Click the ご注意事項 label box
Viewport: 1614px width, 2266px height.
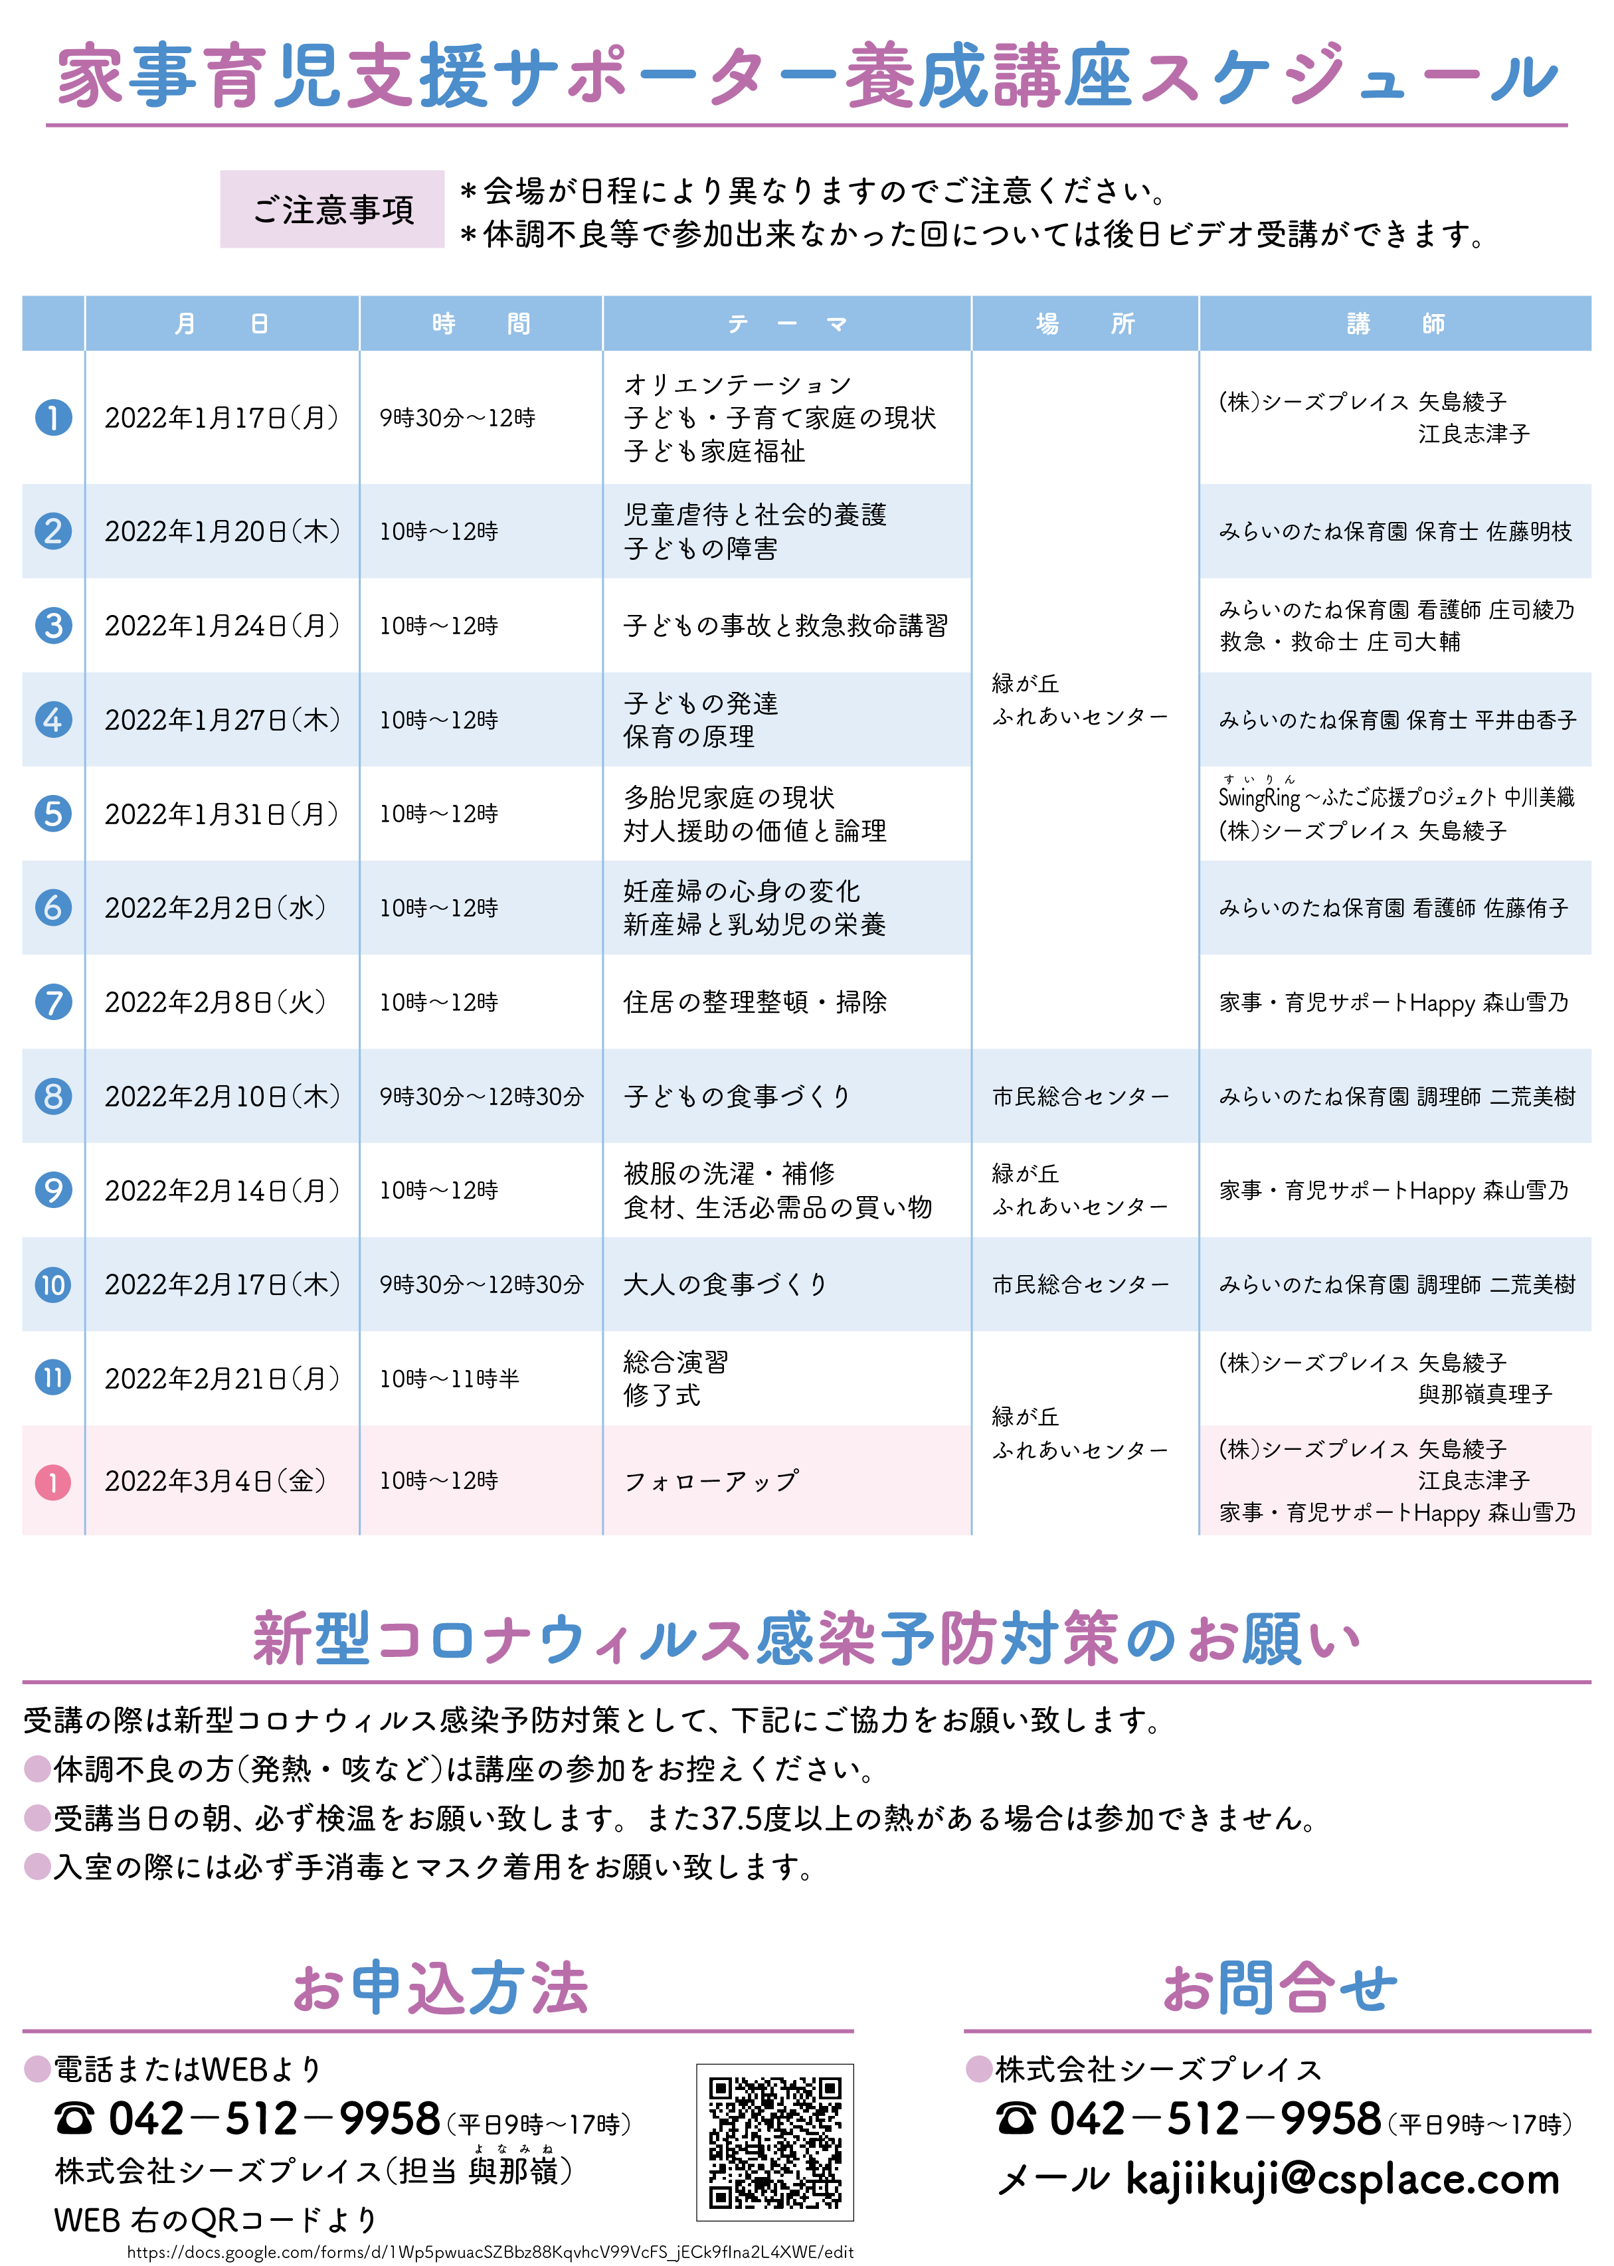[x=332, y=210]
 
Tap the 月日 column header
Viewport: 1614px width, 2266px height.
[x=222, y=324]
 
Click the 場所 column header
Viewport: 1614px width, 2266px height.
[x=1084, y=324]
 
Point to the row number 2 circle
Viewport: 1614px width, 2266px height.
[x=54, y=531]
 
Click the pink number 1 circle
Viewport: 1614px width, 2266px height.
[x=54, y=1482]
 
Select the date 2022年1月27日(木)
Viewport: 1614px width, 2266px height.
[x=222, y=719]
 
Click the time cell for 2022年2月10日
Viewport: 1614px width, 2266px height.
[x=481, y=1096]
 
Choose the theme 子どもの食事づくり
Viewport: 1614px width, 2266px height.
[x=737, y=1096]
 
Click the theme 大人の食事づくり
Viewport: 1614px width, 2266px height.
[x=725, y=1284]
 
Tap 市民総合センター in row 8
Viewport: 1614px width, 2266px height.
[x=1080, y=1096]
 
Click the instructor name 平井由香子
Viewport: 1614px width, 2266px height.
[x=1526, y=719]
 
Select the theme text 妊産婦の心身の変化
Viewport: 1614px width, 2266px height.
[x=741, y=891]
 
